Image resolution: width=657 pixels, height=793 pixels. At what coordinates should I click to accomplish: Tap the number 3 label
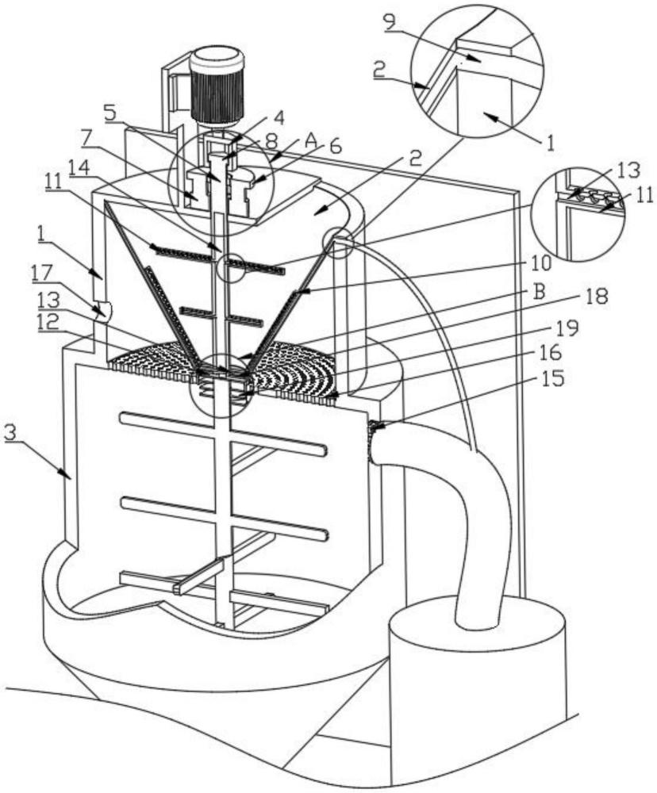[12, 434]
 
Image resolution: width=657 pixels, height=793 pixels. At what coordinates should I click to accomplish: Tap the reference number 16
[555, 353]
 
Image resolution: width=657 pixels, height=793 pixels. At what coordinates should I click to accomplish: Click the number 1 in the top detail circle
[547, 144]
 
